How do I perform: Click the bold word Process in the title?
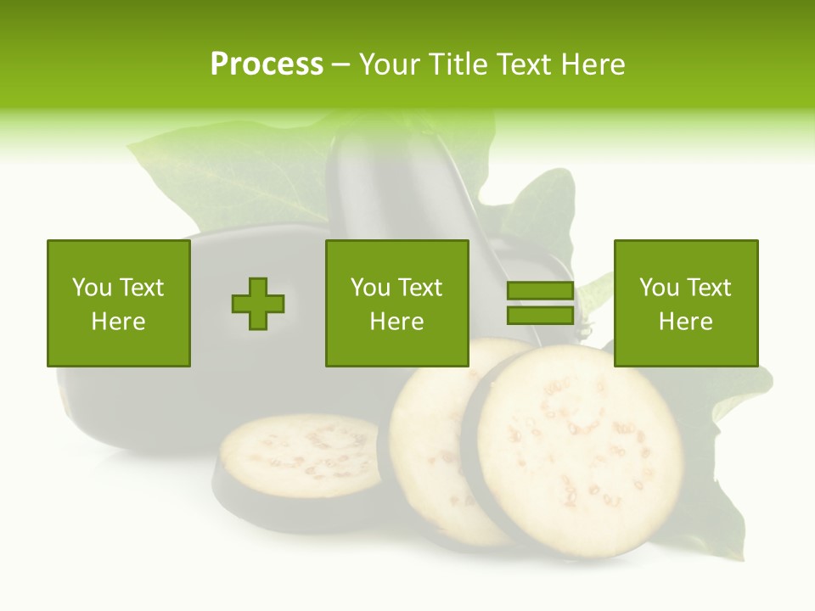pos(267,64)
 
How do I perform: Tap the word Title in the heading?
pos(457,64)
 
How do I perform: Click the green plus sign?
pos(258,304)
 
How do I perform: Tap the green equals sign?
pos(540,304)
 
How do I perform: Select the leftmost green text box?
pos(118,304)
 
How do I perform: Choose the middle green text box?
pos(396,304)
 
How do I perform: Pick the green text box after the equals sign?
pos(685,304)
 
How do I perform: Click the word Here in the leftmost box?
pos(118,322)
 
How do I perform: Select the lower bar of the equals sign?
pos(540,316)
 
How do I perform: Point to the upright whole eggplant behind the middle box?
pos(399,187)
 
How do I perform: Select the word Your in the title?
pos(390,64)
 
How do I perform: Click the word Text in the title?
pos(521,64)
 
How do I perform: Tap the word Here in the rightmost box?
pos(685,322)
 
